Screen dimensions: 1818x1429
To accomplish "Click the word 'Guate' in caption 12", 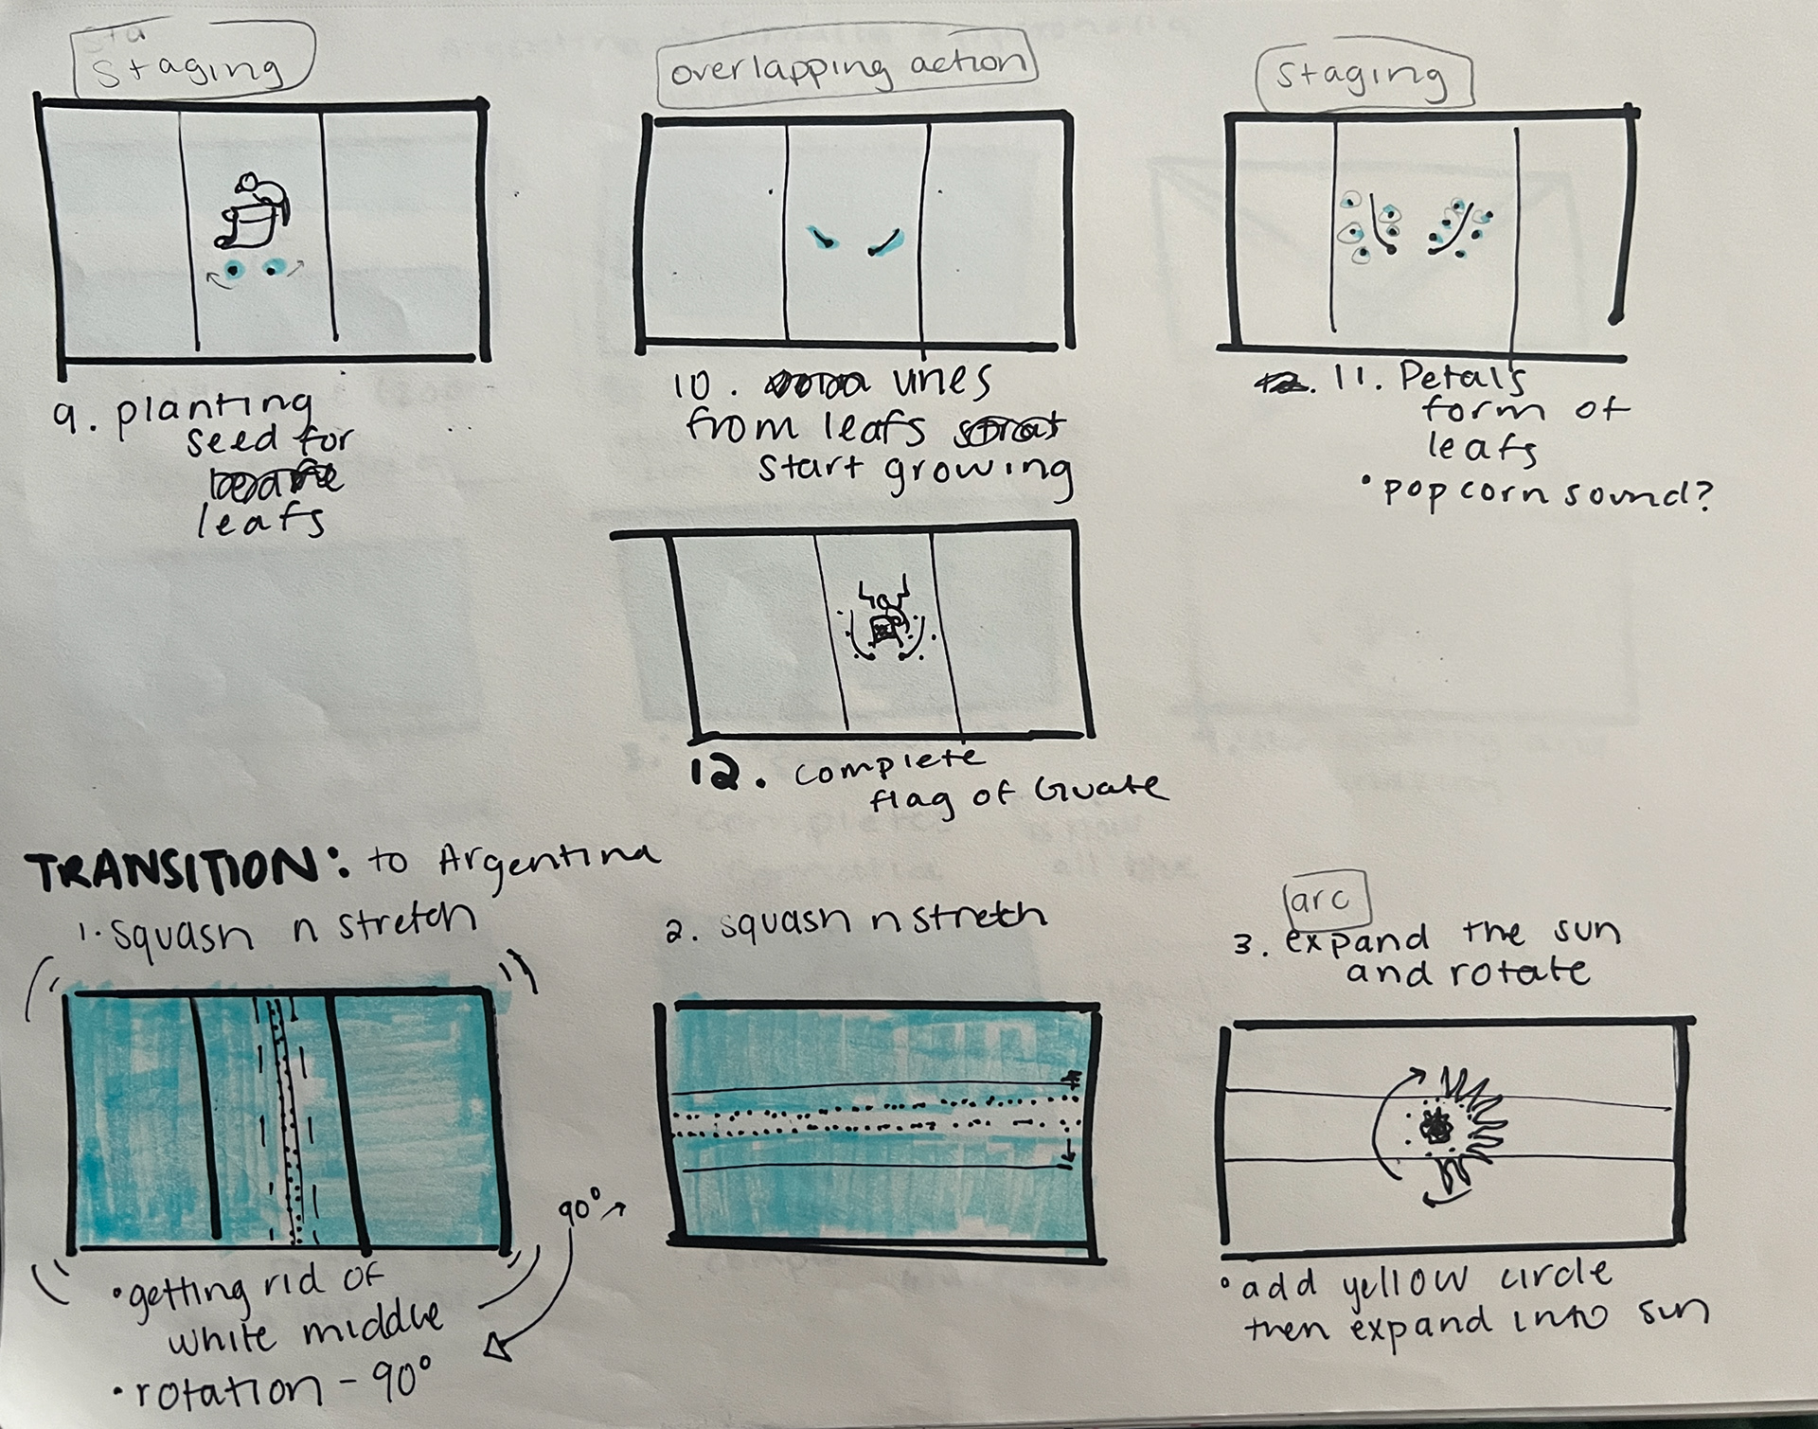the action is coord(1098,787).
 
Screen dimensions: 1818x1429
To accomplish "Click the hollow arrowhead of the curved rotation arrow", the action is coord(500,1346).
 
